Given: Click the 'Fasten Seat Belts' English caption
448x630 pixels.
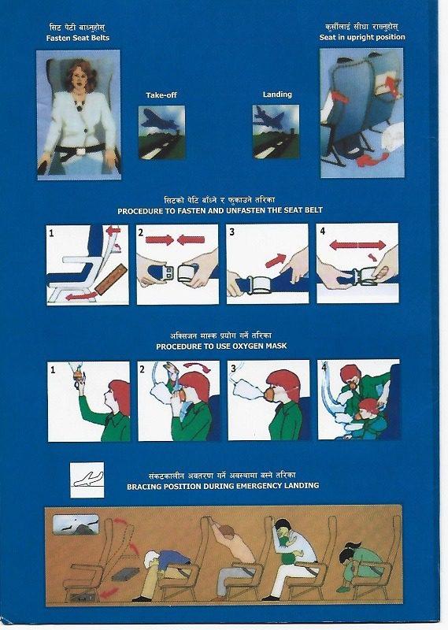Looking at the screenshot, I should click(77, 37).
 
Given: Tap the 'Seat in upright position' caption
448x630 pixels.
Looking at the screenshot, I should click(362, 37).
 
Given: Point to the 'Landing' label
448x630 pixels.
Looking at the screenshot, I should click(277, 94).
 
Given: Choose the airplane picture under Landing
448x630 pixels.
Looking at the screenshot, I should click(276, 127).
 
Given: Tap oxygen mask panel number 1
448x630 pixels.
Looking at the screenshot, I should click(88, 401).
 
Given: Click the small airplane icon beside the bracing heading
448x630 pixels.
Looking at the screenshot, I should click(87, 478).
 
